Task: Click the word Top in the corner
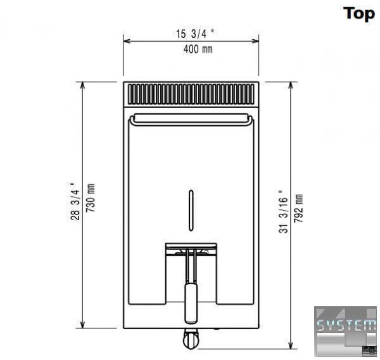click(359, 14)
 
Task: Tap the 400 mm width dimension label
click(198, 49)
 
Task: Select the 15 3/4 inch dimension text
click(195, 34)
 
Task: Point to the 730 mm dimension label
click(91, 198)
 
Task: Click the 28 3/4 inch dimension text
click(75, 201)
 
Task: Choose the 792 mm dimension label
click(298, 208)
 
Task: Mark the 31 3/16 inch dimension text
click(283, 211)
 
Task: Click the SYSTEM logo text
click(346, 325)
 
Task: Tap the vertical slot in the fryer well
click(191, 210)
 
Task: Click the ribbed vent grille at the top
click(191, 94)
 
